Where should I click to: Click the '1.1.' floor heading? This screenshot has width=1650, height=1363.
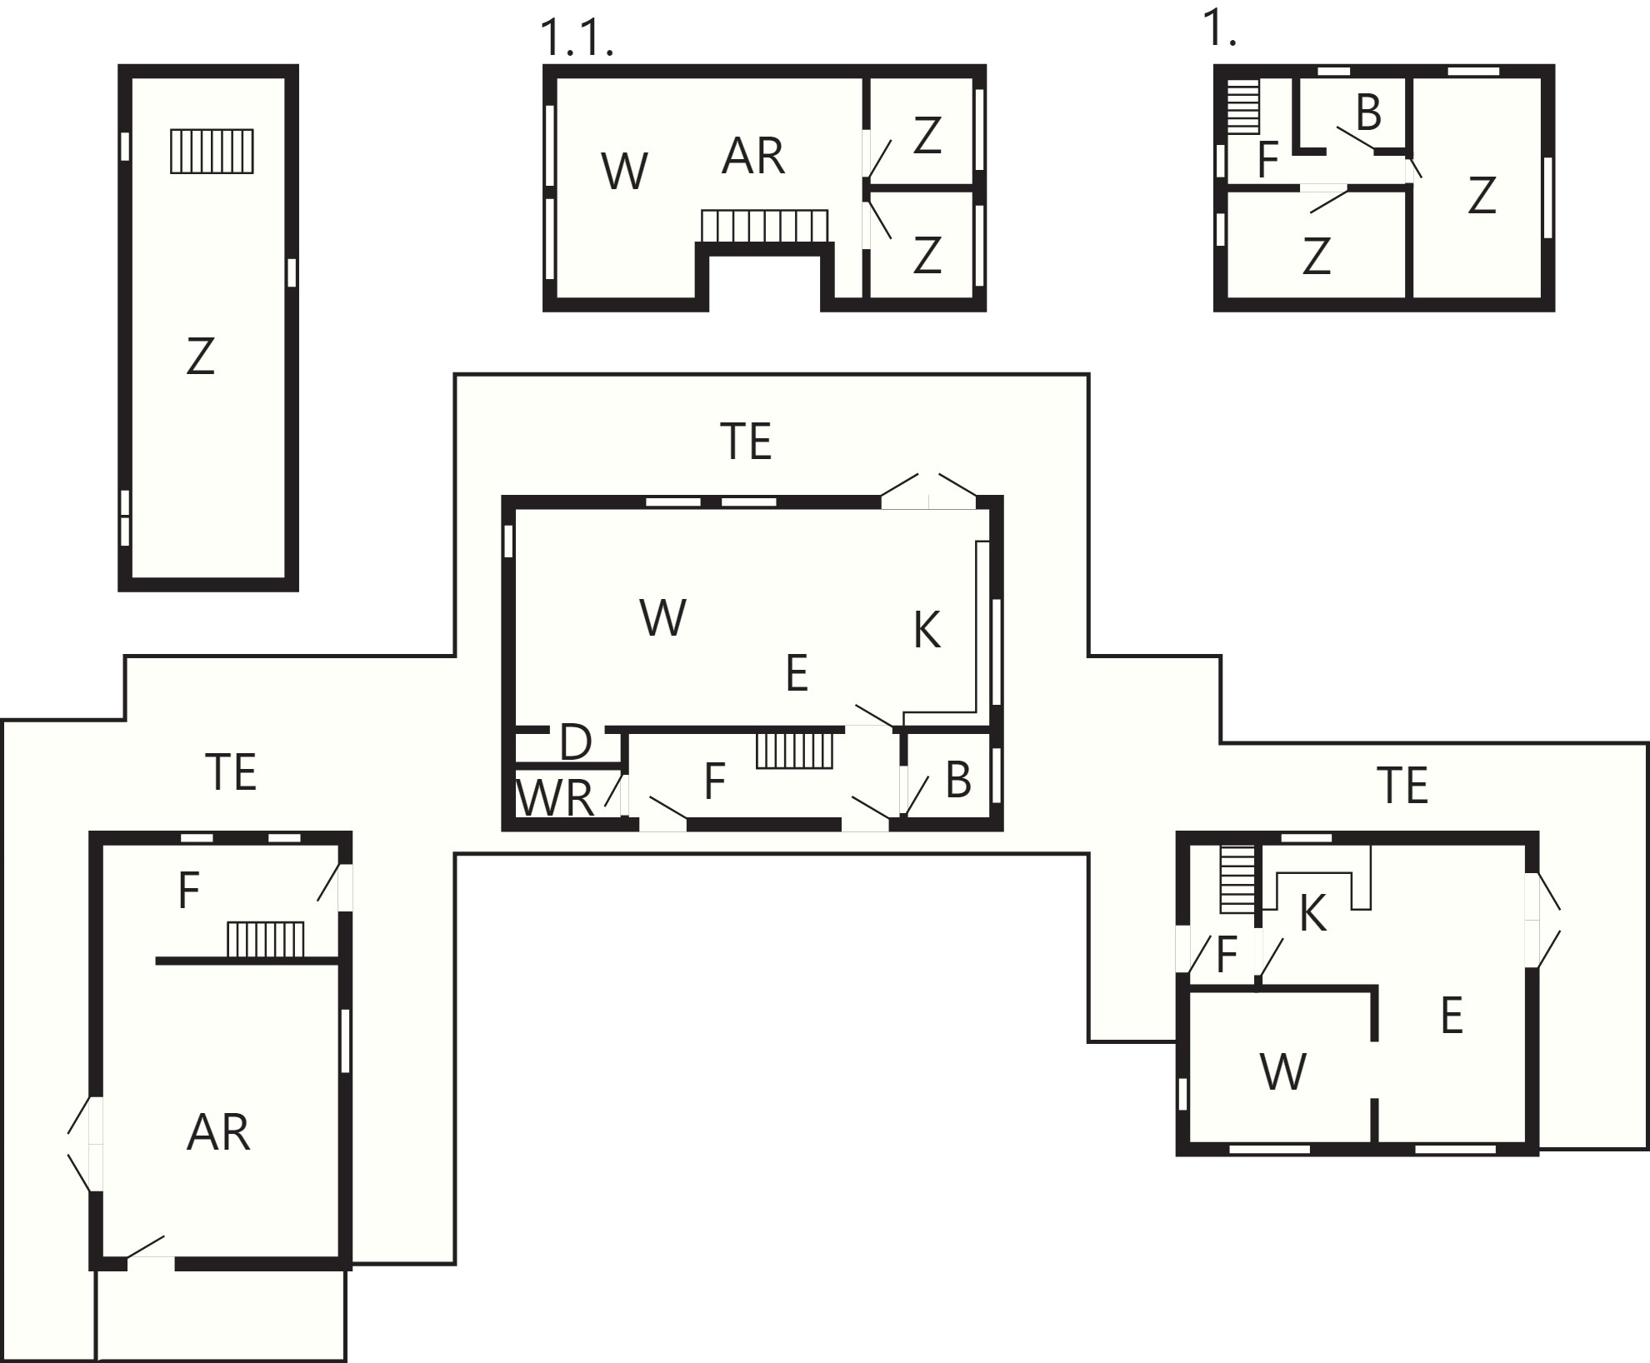pos(577,38)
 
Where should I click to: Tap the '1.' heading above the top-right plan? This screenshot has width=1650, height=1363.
pos(1220,29)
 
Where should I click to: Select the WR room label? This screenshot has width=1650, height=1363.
pos(555,797)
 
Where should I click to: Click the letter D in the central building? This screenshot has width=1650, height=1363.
pos(576,742)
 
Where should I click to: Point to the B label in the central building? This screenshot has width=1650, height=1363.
pos(958,781)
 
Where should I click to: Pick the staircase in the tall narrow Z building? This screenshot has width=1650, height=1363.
pos(212,151)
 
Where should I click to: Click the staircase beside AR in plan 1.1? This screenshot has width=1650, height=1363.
pos(765,226)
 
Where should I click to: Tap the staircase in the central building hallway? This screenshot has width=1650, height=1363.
pos(795,750)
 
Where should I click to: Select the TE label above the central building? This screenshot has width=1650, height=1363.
pos(746,442)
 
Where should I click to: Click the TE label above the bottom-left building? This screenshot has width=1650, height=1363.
pos(231,771)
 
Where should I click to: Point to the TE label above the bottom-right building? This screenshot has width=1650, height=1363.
pos(1403,786)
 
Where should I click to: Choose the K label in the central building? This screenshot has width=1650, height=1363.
pos(927,630)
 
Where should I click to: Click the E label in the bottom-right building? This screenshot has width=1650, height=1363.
pos(1452,1016)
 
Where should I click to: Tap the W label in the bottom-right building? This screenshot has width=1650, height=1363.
pos(1283,1072)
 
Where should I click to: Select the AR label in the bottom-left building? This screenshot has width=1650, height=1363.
pos(218,1132)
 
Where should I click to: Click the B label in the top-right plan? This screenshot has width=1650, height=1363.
pos(1368,113)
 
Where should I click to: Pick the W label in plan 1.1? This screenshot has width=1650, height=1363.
pos(624,172)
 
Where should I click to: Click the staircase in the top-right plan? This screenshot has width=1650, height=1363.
pos(1242,107)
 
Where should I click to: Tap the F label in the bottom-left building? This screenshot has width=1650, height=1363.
pos(189,890)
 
